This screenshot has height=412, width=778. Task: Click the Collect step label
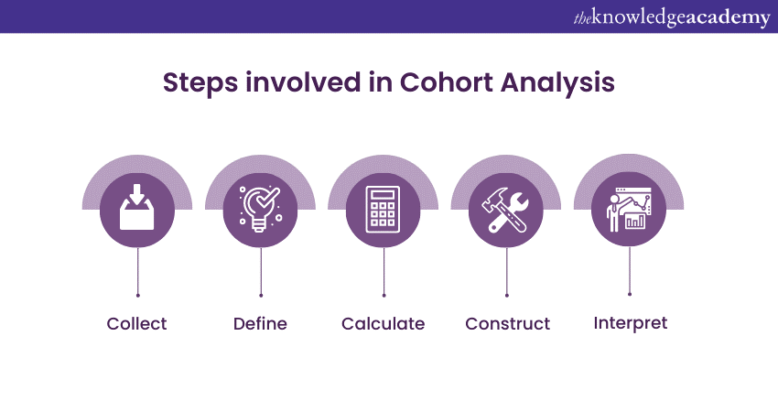[x=136, y=323]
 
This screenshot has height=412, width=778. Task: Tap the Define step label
[x=260, y=323]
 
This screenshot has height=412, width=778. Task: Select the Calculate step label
[x=383, y=323]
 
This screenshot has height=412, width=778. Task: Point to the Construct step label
[x=508, y=323]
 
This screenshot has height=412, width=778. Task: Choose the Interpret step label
[x=630, y=323]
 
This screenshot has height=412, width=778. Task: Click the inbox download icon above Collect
[x=137, y=208]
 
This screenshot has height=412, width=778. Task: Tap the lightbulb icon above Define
[x=260, y=209]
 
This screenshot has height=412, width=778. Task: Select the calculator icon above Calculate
[x=383, y=209]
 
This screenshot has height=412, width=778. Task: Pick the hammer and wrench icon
[x=506, y=210]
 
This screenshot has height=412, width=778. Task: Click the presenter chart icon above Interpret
[x=629, y=210]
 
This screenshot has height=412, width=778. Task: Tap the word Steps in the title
[x=200, y=83]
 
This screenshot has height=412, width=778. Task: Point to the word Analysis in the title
[x=557, y=83]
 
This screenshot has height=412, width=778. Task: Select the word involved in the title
[x=303, y=82]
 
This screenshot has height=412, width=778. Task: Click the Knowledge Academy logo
[x=672, y=18]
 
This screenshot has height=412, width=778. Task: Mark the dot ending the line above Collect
[x=137, y=296]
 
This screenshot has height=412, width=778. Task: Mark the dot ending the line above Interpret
[x=630, y=295]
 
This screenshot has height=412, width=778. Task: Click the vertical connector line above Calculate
[x=384, y=271]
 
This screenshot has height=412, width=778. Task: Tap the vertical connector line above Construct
[x=506, y=271]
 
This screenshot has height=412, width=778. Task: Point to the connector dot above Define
[x=261, y=296]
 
